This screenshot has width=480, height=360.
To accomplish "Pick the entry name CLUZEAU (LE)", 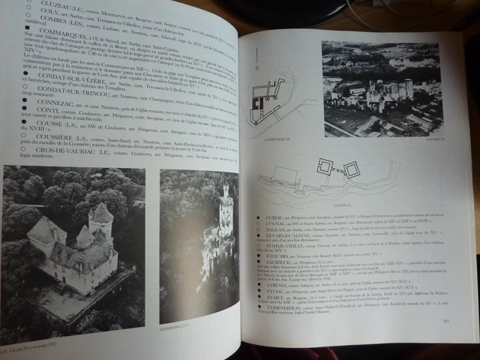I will click(46, 3).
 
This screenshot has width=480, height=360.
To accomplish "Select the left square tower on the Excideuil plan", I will click(325, 166).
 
